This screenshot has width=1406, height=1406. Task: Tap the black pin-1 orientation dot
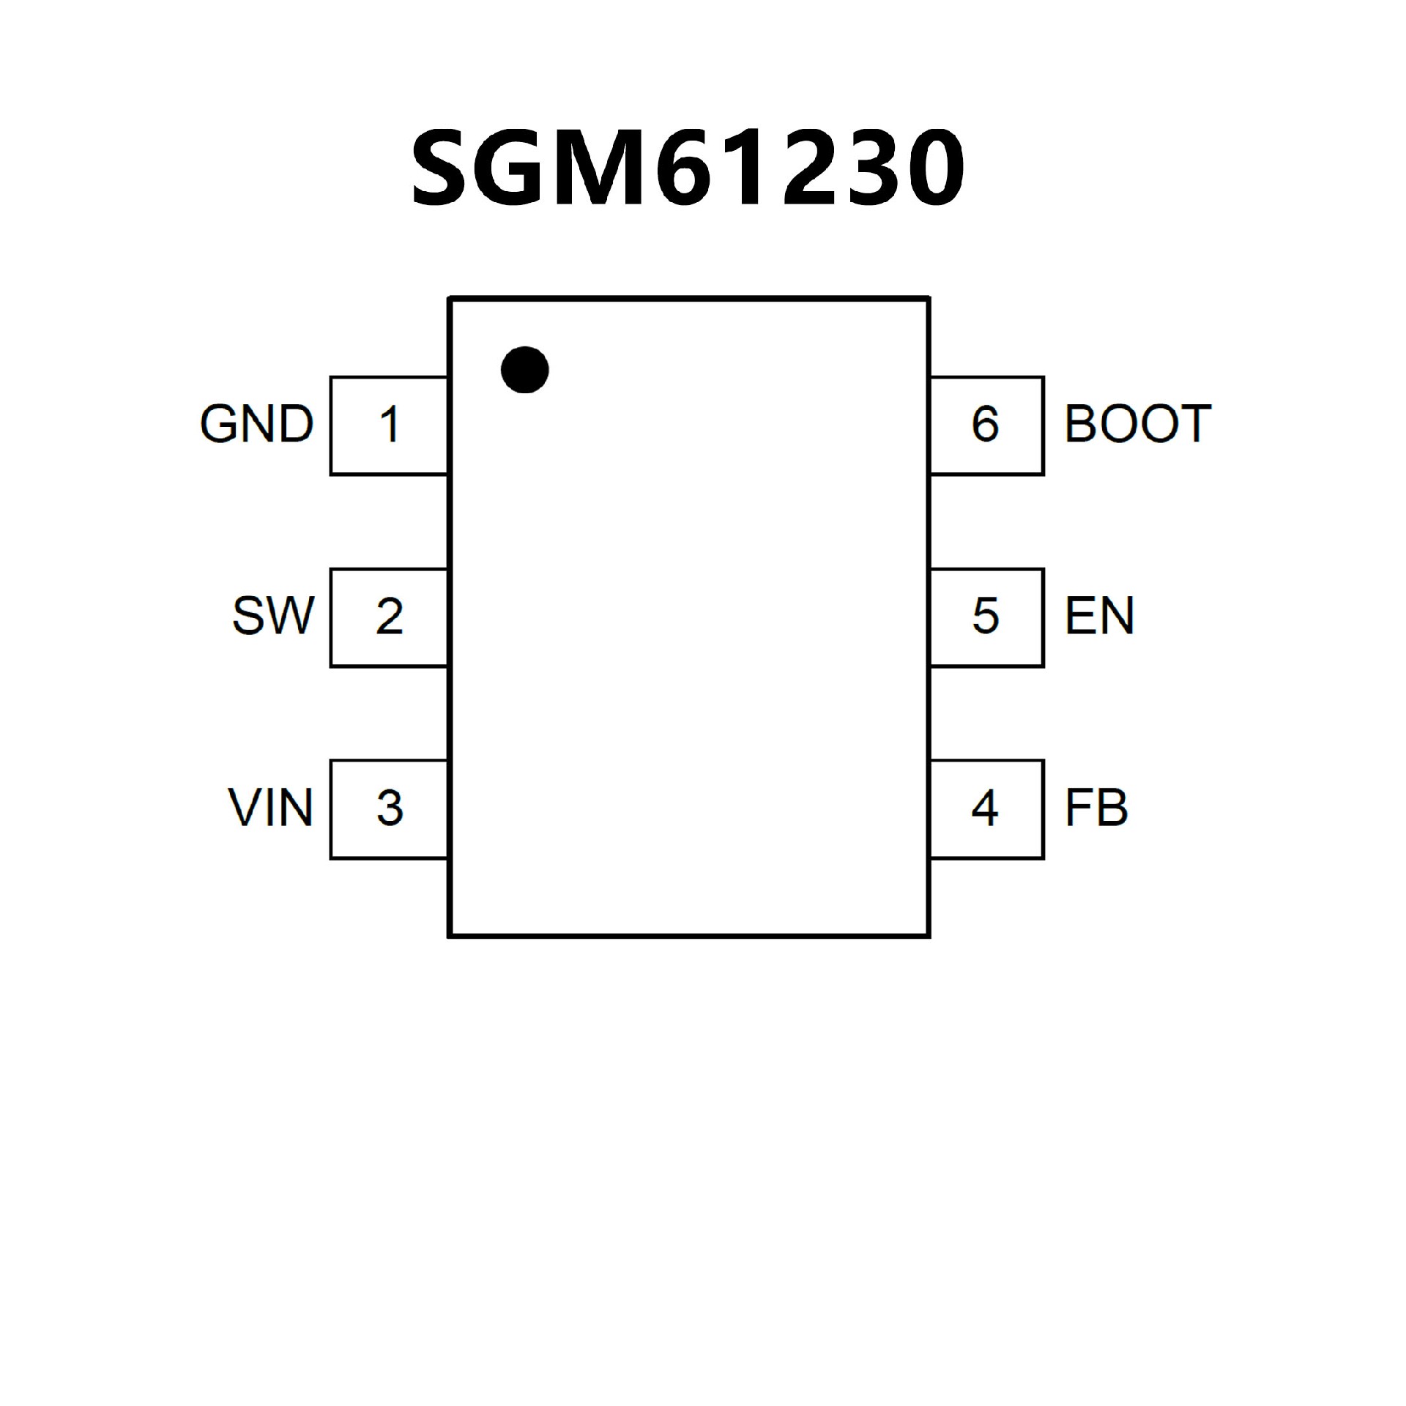click(525, 369)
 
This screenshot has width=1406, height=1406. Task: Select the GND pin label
click(256, 424)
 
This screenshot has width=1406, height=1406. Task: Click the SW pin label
click(272, 616)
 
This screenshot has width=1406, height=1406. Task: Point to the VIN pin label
click(270, 808)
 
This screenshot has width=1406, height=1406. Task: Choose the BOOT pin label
click(1138, 424)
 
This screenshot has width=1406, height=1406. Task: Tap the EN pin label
click(1099, 616)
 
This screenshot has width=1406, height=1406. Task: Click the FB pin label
click(1096, 808)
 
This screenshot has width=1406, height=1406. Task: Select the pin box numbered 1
click(389, 425)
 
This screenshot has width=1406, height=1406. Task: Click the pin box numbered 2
click(389, 617)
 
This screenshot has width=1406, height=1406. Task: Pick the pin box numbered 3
click(389, 809)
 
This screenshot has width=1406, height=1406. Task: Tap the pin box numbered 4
click(986, 809)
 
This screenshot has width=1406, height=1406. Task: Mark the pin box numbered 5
click(986, 617)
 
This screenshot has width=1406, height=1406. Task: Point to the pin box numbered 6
click(986, 425)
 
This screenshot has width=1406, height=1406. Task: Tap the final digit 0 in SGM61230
click(931, 169)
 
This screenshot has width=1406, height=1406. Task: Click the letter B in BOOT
click(1082, 424)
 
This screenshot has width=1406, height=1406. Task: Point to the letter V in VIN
click(247, 808)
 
